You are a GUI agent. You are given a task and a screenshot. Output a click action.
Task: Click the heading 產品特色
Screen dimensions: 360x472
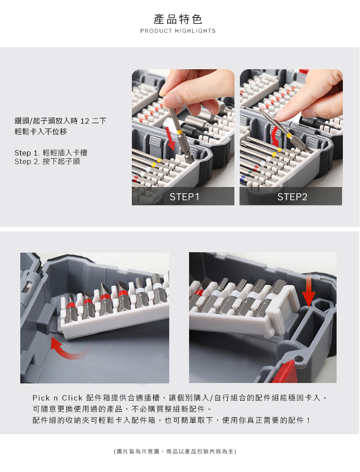[178, 19]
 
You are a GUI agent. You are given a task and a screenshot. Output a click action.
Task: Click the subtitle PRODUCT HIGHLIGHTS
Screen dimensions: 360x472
[178, 31]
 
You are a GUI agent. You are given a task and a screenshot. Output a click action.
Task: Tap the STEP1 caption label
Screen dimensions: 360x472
[184, 197]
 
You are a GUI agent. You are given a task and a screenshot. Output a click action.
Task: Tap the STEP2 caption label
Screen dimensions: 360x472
[292, 197]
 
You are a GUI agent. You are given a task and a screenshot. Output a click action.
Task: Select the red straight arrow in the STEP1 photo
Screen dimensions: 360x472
[170, 139]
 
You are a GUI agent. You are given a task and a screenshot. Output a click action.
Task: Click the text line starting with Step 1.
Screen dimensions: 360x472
[51, 153]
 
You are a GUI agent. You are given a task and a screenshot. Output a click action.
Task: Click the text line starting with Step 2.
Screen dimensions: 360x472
[47, 162]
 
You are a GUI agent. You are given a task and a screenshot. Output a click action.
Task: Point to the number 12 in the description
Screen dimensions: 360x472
[85, 121]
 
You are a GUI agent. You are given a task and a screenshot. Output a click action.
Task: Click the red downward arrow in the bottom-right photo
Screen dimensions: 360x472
[309, 289]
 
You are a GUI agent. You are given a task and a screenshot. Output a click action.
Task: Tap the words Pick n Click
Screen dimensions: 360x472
[57, 398]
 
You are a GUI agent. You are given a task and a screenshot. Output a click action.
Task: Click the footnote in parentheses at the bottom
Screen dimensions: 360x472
[175, 451]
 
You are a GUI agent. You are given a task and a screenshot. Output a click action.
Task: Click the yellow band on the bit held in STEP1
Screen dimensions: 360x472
[180, 132]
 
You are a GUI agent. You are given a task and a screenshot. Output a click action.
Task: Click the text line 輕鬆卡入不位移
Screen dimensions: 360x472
[40, 132]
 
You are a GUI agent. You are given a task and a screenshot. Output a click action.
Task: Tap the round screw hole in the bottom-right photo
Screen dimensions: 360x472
[298, 359]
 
